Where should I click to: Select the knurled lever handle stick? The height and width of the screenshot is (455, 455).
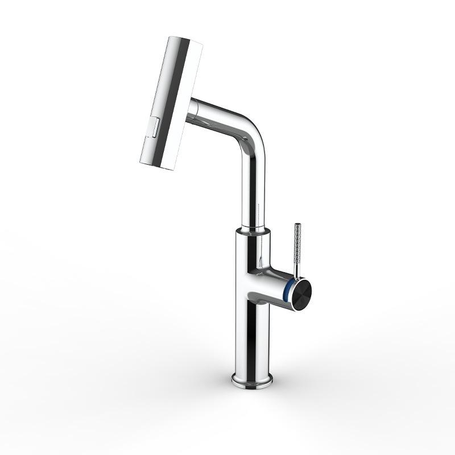click(296, 245)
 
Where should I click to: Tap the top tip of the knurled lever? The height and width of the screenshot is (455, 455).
click(296, 225)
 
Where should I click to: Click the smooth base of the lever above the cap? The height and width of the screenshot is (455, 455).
click(295, 272)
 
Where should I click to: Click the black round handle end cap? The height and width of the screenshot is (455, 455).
click(301, 292)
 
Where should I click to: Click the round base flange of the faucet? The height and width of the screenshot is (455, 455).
click(252, 379)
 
